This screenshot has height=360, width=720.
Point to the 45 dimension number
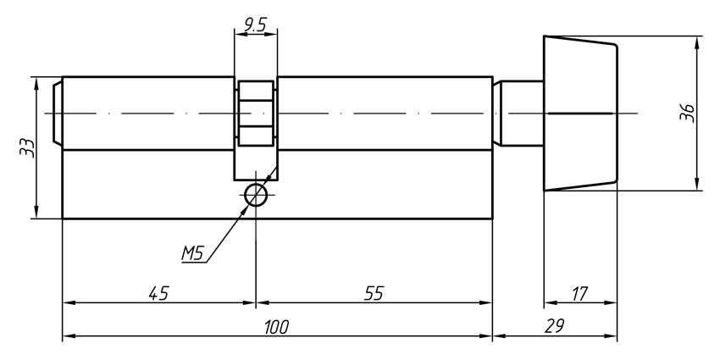pyautogui.click(x=158, y=293)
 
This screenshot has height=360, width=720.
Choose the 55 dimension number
pyautogui.click(x=374, y=293)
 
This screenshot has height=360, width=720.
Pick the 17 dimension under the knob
pyautogui.click(x=580, y=293)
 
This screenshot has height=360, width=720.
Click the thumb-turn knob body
pyautogui.click(x=579, y=113)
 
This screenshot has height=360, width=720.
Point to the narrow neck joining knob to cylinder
pyautogui.click(x=522, y=113)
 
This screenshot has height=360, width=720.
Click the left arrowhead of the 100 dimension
pyautogui.click(x=68, y=336)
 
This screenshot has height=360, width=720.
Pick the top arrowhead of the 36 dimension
pyautogui.click(x=696, y=41)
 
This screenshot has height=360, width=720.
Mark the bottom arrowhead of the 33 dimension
pyautogui.click(x=36, y=213)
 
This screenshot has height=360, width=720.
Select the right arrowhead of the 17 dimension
pyautogui.click(x=612, y=302)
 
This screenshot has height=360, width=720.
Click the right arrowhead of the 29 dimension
pyautogui.click(x=612, y=336)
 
